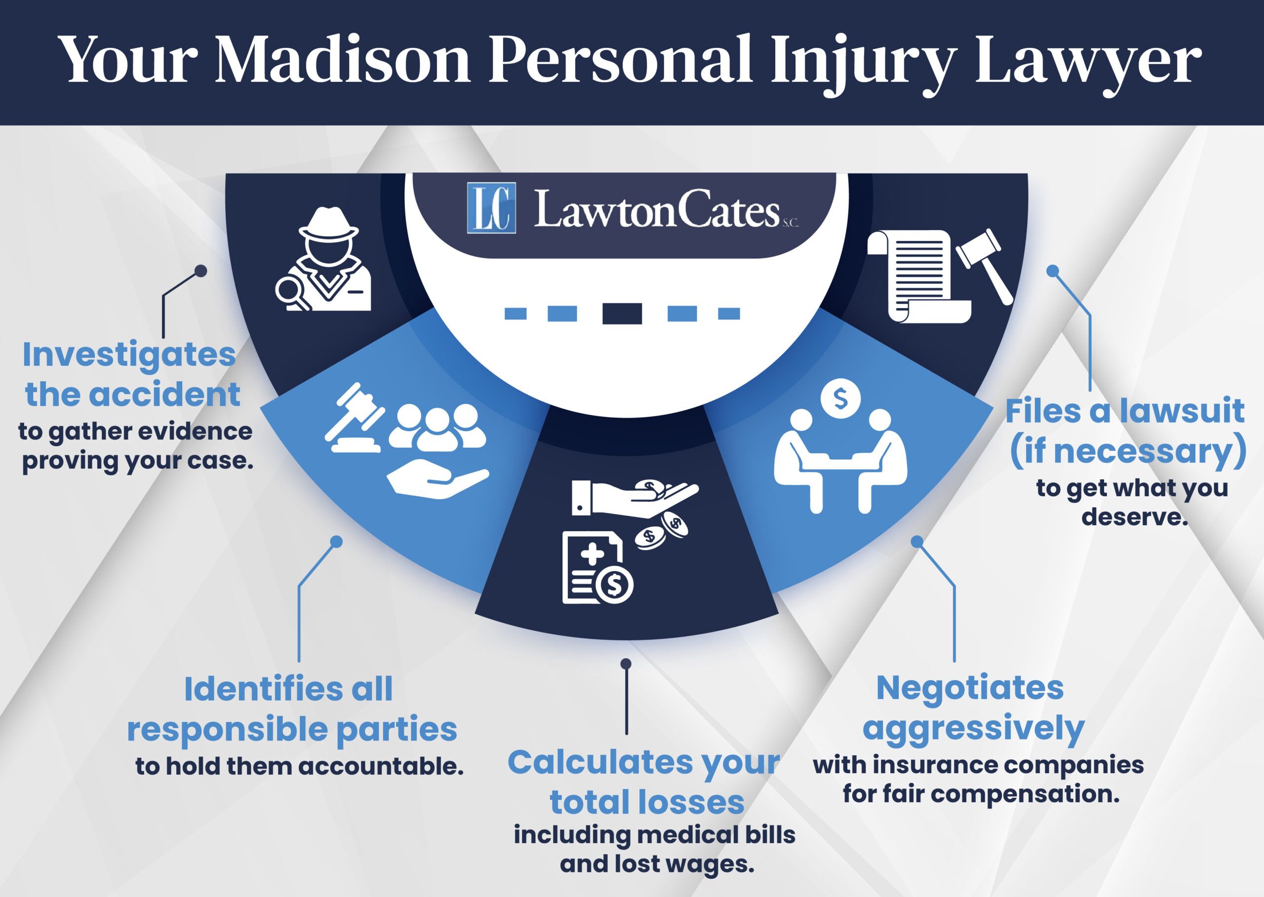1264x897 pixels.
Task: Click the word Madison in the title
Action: [x=342, y=59]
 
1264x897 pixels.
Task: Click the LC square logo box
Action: [x=491, y=208]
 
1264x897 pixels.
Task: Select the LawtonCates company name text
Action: [x=657, y=210]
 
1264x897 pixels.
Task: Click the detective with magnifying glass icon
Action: [x=325, y=260]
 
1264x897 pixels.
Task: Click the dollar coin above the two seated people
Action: [x=840, y=398]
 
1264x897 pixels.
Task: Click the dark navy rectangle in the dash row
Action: [x=622, y=314]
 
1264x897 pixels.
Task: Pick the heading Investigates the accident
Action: [x=131, y=375]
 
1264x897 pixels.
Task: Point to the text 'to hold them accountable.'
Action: [x=299, y=767]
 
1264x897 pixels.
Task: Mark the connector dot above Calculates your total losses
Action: [x=626, y=663]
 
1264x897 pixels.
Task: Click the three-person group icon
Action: [x=437, y=426]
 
